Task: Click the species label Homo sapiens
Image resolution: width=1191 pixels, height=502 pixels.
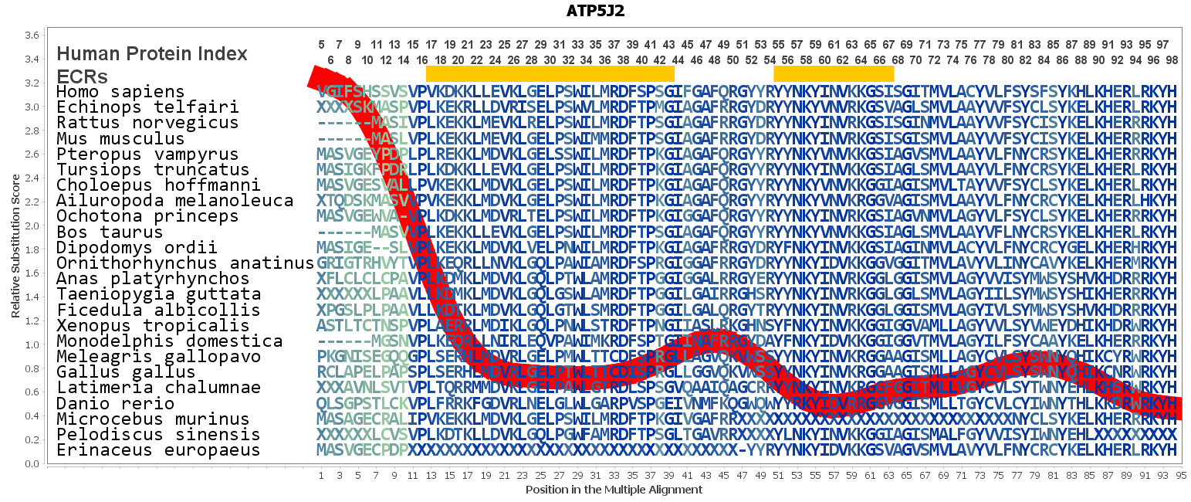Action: tap(120, 92)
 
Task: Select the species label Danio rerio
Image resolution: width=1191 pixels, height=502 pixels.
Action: tap(116, 403)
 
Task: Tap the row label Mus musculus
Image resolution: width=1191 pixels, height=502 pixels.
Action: tap(120, 139)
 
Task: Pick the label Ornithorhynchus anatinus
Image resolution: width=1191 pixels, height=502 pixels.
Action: tap(185, 263)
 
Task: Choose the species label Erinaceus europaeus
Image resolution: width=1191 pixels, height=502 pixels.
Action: tap(158, 450)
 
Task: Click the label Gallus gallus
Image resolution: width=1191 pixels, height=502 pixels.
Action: tap(116, 372)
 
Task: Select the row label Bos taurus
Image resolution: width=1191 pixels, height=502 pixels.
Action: tap(110, 232)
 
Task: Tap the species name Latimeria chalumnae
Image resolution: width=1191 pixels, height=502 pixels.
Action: tap(158, 388)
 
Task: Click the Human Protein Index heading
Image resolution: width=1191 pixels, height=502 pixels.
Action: tap(152, 54)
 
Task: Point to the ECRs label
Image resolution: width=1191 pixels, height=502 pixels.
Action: tap(82, 76)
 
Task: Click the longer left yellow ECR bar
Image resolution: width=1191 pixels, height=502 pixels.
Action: tap(550, 73)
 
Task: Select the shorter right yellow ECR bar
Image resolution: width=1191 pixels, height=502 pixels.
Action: tap(834, 73)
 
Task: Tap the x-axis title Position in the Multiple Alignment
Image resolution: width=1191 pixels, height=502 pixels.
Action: tap(614, 490)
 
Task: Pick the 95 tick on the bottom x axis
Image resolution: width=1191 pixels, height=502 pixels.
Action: tap(1181, 476)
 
